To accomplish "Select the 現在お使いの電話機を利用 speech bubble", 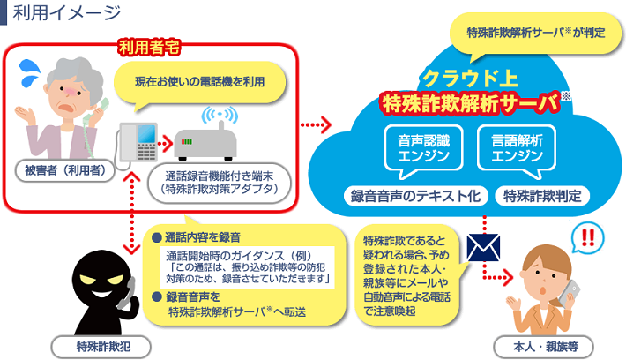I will [x=198, y=82].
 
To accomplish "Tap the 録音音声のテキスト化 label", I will [x=414, y=196].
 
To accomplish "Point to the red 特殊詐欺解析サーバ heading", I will [x=470, y=104].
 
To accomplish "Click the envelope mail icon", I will [x=485, y=247].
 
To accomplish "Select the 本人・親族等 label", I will [x=548, y=344].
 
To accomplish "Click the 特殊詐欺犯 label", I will [x=98, y=344].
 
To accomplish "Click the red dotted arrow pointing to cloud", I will [x=317, y=126].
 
